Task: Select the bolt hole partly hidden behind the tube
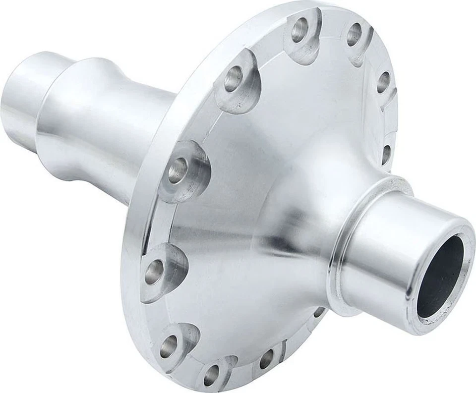pos(318,312)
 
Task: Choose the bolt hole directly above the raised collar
pos(386,154)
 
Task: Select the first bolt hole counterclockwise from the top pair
pos(233,79)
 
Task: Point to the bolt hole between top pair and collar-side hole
pos(382,82)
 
